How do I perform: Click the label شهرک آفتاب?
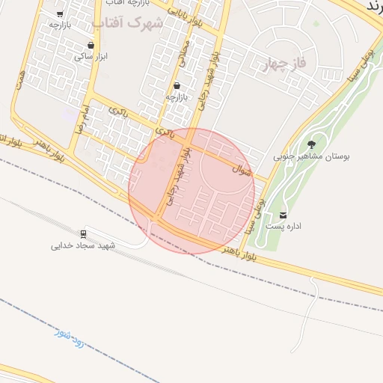[135, 22]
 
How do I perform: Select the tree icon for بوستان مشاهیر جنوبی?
[311, 144]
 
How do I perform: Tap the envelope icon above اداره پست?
[284, 215]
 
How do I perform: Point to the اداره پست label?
[284, 226]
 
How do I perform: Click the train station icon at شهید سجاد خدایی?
[83, 233]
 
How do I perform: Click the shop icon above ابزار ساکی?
[91, 45]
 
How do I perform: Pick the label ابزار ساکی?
[91, 56]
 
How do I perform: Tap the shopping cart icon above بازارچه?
[177, 85]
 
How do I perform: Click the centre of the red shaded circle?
[191, 190]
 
